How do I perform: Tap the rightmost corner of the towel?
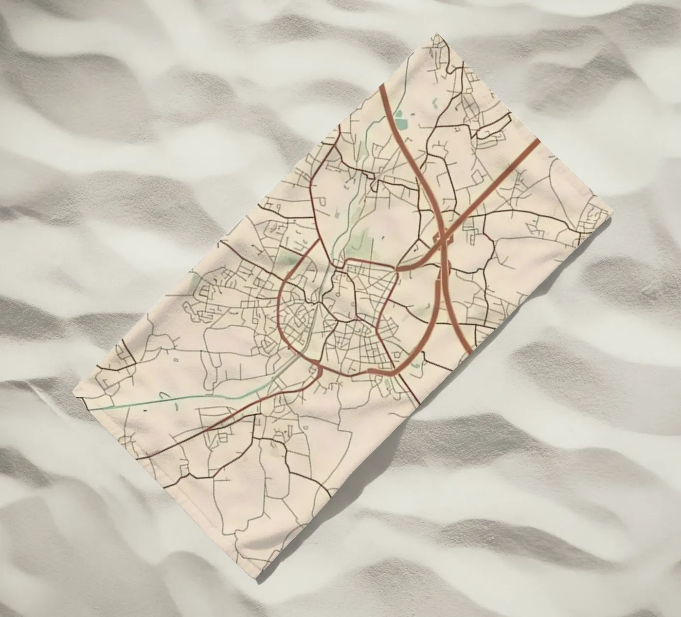[609, 211]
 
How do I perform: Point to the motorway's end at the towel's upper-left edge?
[381, 86]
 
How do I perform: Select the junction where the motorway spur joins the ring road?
[398, 268]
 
